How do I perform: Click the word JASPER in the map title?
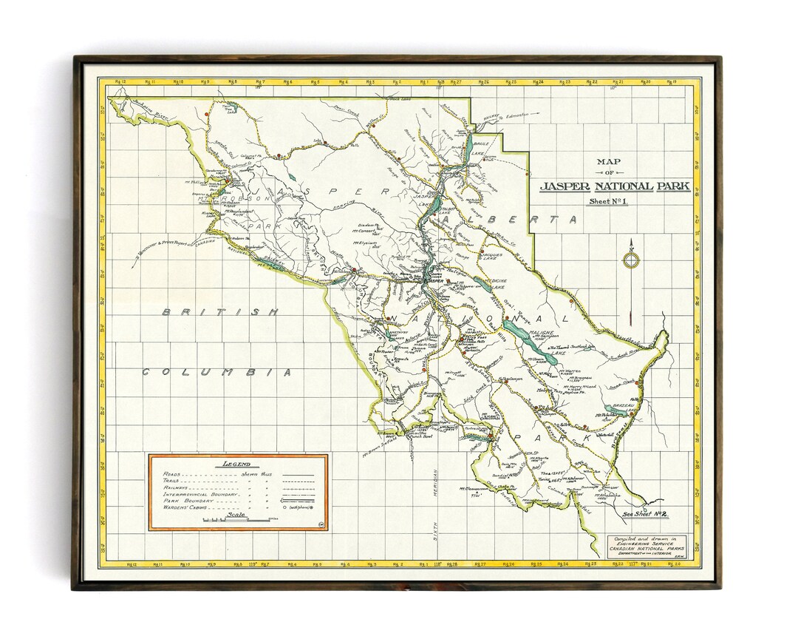(566, 186)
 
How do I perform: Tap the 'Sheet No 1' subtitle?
(608, 201)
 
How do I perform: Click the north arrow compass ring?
(630, 260)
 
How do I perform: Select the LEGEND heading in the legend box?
(237, 464)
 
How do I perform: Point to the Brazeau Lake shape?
(615, 409)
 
